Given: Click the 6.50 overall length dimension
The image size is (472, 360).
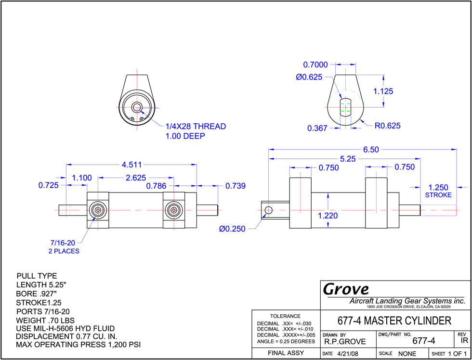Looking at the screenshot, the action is [370, 150].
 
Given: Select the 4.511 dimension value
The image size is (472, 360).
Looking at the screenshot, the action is [131, 165].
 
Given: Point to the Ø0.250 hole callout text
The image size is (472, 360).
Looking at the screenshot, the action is [232, 229].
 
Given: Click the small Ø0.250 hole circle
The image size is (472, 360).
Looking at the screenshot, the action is [268, 210].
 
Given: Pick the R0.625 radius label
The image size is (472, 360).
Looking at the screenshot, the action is [387, 126].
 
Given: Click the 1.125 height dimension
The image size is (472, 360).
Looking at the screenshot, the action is [383, 91].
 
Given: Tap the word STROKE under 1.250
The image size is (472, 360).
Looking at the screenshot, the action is [438, 195].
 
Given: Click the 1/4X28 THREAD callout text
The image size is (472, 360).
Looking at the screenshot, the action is [196, 126].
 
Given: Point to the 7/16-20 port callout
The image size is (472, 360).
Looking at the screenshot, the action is [63, 243].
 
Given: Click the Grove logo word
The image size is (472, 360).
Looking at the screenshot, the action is [346, 289].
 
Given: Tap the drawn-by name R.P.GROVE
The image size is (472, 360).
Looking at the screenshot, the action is [345, 342].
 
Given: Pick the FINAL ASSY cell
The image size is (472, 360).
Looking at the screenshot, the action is [286, 353].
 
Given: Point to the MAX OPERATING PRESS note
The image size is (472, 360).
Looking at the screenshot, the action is [78, 345].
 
